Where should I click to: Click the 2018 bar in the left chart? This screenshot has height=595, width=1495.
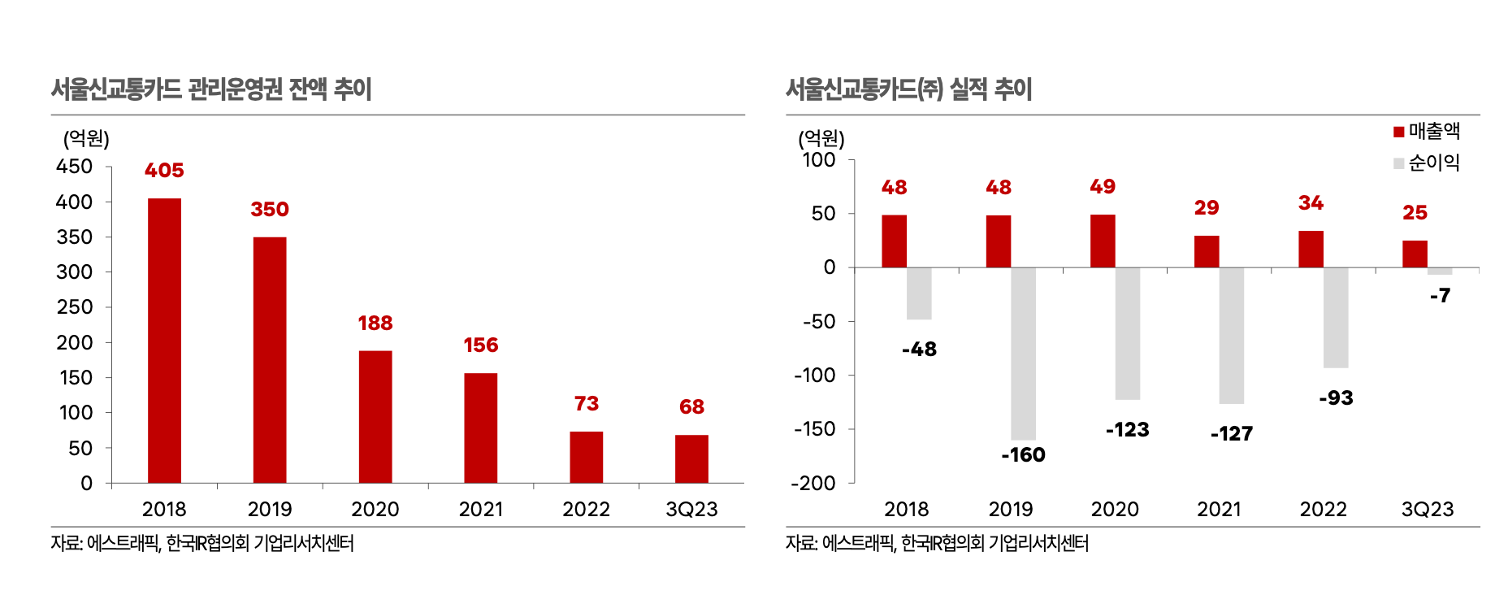coord(164,341)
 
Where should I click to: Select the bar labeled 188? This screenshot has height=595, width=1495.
coord(375,417)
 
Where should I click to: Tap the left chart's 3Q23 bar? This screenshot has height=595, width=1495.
coord(691,459)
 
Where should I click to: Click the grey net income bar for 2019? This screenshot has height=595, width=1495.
coord(1023,354)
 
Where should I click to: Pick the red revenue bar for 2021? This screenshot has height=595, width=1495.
coord(1207,251)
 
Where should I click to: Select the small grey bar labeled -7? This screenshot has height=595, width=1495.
coord(1440,271)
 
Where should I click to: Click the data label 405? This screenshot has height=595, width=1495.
coord(164,170)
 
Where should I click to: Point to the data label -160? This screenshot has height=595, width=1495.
coord(1023,455)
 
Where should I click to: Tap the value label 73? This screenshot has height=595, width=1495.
coord(587,403)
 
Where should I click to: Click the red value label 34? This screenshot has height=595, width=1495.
coord(1311,202)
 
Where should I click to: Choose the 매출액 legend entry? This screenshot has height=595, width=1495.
coord(1427,131)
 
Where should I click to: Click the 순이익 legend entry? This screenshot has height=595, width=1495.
coord(1427,163)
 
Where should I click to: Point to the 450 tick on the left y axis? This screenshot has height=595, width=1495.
coord(74,166)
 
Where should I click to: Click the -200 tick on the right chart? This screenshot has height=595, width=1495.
coord(814,484)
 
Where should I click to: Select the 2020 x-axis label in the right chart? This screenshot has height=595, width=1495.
coord(1115,509)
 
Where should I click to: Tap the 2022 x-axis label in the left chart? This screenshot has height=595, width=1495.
coord(587,509)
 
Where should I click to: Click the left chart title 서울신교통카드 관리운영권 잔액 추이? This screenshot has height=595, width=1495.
coord(211,89)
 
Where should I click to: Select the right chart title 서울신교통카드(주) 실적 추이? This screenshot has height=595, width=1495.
coord(909,89)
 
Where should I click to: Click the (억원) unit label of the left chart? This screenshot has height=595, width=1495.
coord(86,138)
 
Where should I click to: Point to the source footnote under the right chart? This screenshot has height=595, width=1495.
coord(937,543)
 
